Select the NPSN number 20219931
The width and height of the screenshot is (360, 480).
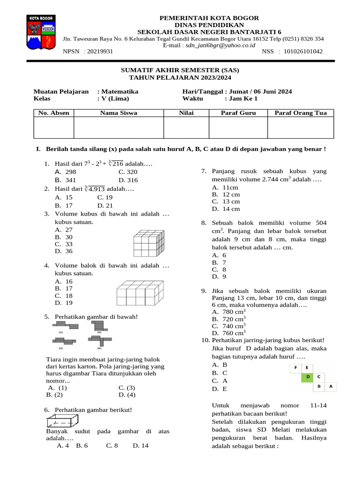(98, 52)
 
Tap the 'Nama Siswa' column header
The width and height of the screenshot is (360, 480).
(119, 113)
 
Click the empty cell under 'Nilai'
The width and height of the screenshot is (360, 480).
(186, 127)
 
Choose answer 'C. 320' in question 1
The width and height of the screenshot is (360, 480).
(128, 172)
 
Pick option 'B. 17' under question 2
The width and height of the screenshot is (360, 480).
(64, 205)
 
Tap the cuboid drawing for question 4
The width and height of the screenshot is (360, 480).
(141, 293)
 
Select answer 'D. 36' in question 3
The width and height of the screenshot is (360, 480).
(64, 251)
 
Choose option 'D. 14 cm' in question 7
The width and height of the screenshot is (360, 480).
(225, 209)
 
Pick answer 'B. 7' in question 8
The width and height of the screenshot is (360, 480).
(219, 262)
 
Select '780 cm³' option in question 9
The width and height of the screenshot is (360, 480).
(229, 312)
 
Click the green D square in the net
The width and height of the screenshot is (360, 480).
(307, 376)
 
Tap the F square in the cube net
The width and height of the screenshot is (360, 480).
(296, 367)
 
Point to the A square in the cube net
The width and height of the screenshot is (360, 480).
(330, 386)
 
